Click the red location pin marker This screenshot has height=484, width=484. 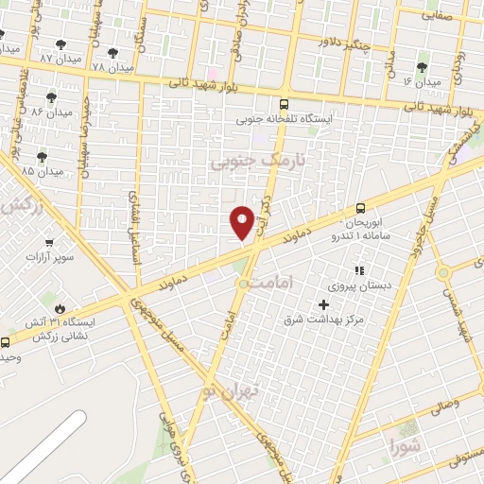click(x=242, y=222)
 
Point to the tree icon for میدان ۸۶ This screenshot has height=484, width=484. click(x=51, y=96)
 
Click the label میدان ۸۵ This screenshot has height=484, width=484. click(x=42, y=171)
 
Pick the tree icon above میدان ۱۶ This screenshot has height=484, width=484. click(x=422, y=67)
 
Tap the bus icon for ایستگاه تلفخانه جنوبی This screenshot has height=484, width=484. click(x=284, y=105)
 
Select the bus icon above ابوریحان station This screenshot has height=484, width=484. click(x=360, y=208)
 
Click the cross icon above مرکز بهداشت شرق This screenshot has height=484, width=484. click(x=324, y=304)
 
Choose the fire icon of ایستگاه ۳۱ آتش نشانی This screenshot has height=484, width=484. click(x=61, y=307)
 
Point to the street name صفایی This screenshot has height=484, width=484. click(x=437, y=16)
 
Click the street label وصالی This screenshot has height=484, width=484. click(x=443, y=404)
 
